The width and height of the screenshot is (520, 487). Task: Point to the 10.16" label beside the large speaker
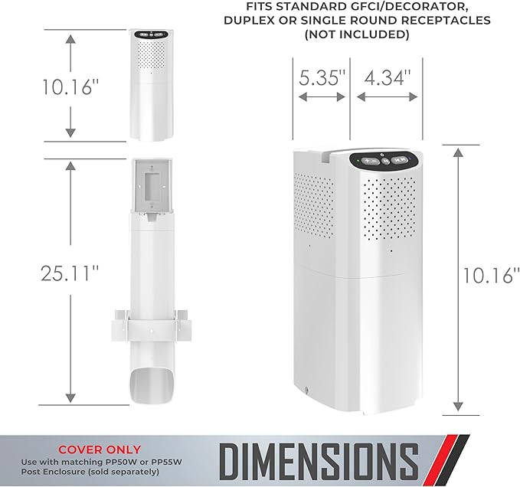coord(491,275)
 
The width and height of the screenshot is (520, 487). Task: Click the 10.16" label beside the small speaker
coord(70,87)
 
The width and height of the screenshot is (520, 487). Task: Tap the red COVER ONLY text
coord(100,449)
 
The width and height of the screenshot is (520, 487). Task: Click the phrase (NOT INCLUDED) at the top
coord(357,34)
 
